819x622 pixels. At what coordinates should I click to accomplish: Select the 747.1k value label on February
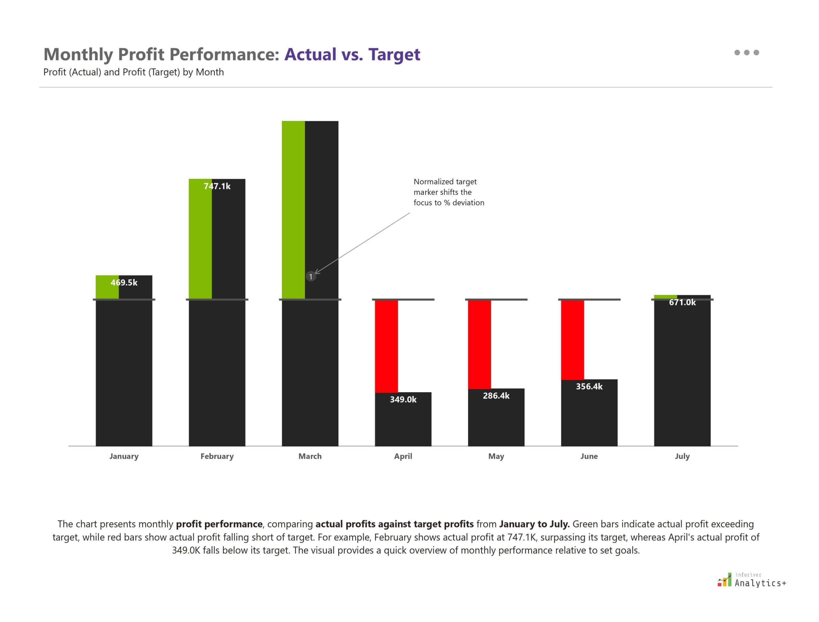click(x=217, y=186)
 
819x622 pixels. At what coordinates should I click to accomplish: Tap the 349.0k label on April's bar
click(x=403, y=399)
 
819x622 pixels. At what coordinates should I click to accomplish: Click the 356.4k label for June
click(x=589, y=386)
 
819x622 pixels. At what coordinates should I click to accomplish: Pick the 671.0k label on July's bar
click(x=682, y=302)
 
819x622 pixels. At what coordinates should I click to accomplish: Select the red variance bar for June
click(x=572, y=340)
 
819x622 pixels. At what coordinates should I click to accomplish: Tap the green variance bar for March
click(x=293, y=209)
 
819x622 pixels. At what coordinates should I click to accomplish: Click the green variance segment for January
click(x=107, y=287)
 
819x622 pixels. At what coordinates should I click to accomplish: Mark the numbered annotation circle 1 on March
click(x=310, y=277)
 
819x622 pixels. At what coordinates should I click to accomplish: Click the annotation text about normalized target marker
click(x=448, y=192)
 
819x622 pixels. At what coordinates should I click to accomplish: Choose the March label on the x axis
click(x=310, y=456)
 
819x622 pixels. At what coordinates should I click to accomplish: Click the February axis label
click(x=217, y=456)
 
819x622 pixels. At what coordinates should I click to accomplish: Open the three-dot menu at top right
click(x=746, y=52)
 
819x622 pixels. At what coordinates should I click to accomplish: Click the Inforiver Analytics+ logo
click(x=751, y=580)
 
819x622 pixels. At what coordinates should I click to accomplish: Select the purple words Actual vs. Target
click(x=352, y=54)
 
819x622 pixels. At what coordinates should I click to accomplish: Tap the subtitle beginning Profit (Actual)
click(x=133, y=72)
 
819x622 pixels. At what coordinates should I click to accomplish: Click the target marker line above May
click(x=496, y=299)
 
